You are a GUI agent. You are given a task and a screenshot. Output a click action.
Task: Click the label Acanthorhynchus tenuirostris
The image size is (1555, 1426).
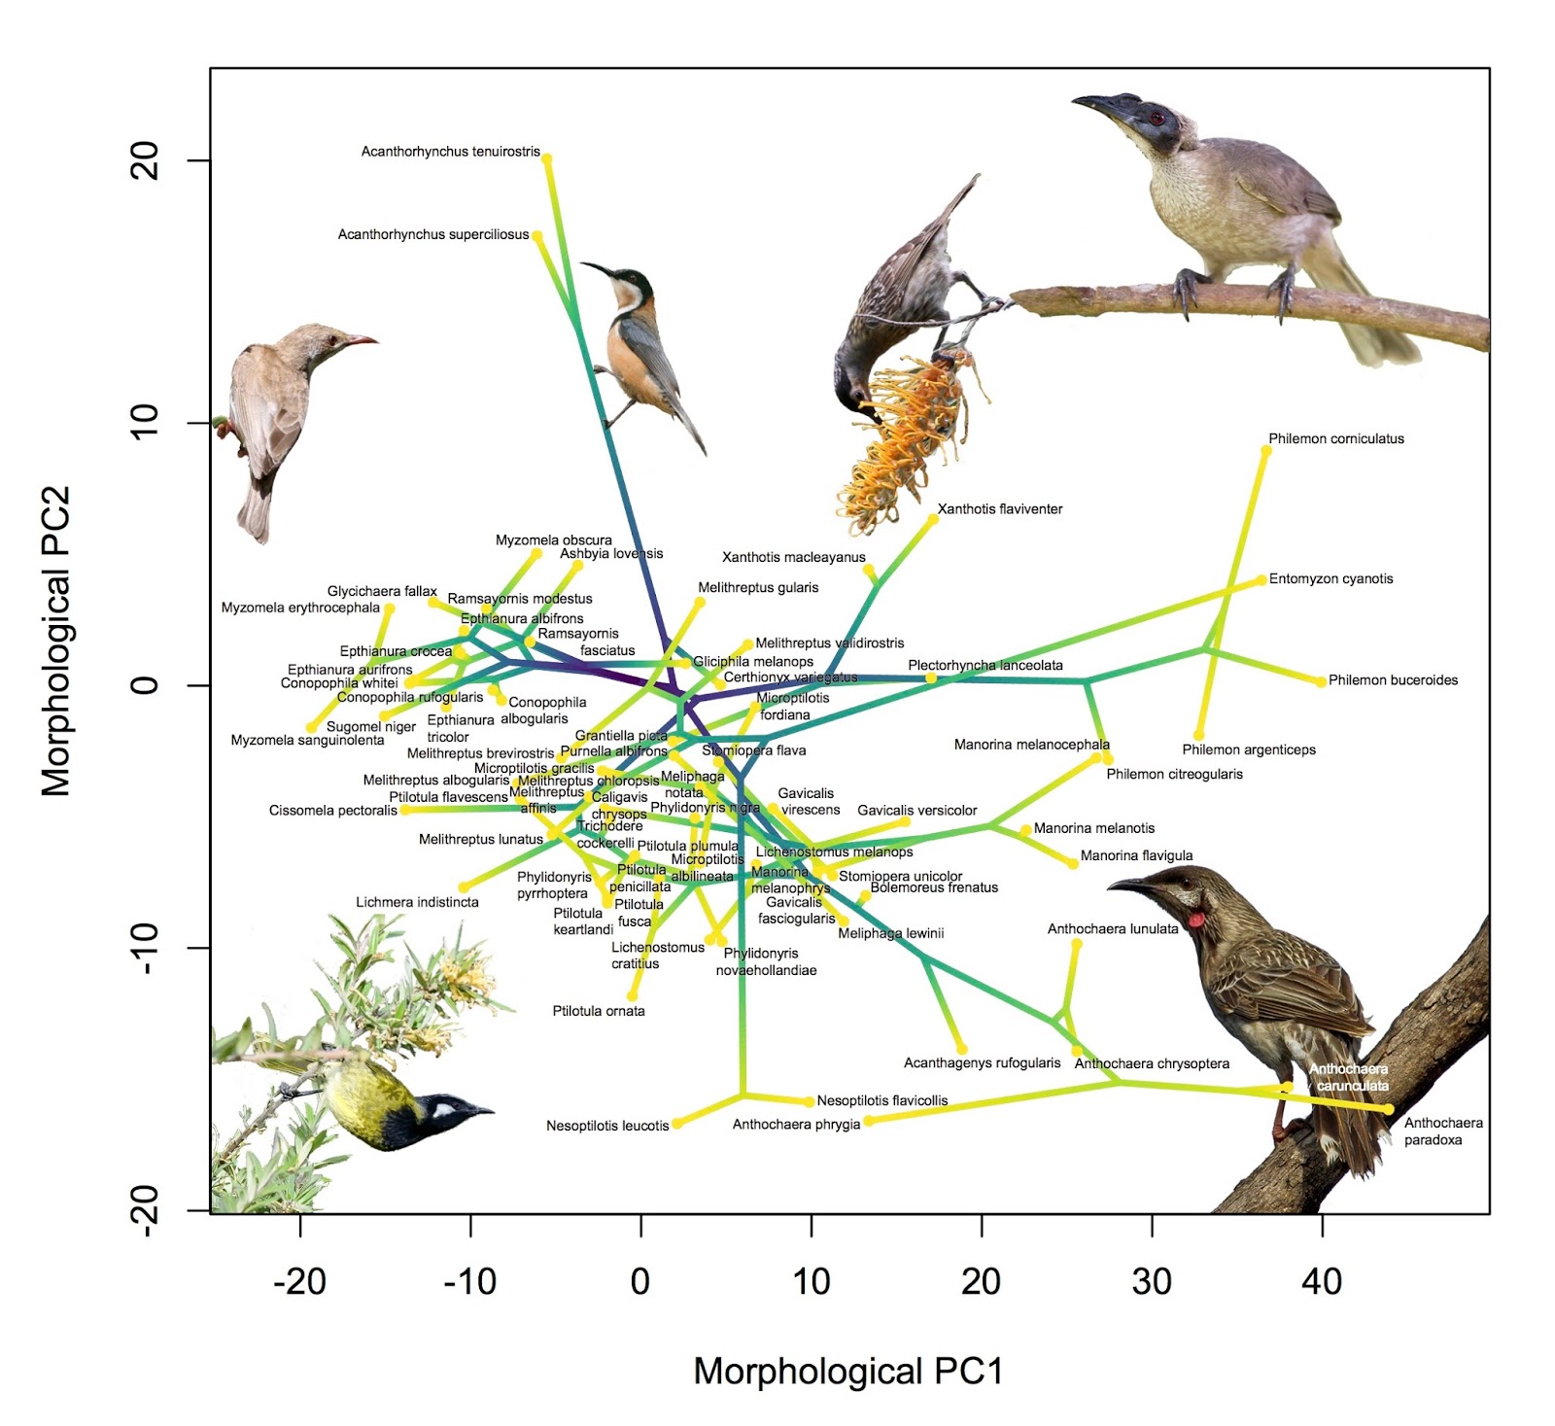click(450, 152)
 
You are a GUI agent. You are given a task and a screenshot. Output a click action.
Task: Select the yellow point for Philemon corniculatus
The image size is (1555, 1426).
click(1265, 451)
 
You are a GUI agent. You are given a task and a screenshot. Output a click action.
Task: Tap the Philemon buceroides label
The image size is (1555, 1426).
click(1393, 680)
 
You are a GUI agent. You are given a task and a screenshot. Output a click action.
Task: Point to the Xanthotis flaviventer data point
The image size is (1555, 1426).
click(933, 519)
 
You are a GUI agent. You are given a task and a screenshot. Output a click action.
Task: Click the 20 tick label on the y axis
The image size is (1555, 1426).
click(144, 160)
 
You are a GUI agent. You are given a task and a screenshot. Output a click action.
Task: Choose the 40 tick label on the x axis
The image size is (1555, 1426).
click(1322, 1282)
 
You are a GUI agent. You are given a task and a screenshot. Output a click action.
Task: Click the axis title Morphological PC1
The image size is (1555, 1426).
click(847, 1372)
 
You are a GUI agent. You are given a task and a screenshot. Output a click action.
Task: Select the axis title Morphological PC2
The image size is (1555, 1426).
click(56, 641)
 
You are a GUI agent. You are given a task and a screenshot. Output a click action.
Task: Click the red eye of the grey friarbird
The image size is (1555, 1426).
click(1157, 119)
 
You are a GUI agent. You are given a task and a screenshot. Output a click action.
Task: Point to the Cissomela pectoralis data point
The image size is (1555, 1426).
click(404, 810)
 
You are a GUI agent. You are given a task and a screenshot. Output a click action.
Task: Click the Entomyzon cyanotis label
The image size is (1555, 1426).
click(1330, 579)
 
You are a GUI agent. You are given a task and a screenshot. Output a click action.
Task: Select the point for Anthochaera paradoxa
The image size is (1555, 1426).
click(1389, 1109)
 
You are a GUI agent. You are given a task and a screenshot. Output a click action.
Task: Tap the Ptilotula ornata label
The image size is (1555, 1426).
click(599, 1011)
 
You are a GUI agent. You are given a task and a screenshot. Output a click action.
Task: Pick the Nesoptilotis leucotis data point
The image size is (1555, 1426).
click(677, 1124)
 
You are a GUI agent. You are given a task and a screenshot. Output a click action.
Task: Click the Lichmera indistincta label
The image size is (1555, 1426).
click(417, 902)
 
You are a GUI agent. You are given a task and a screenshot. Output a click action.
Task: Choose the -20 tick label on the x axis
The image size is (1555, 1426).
click(299, 1282)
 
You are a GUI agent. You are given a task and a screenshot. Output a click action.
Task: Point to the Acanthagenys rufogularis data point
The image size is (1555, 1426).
click(962, 1049)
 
